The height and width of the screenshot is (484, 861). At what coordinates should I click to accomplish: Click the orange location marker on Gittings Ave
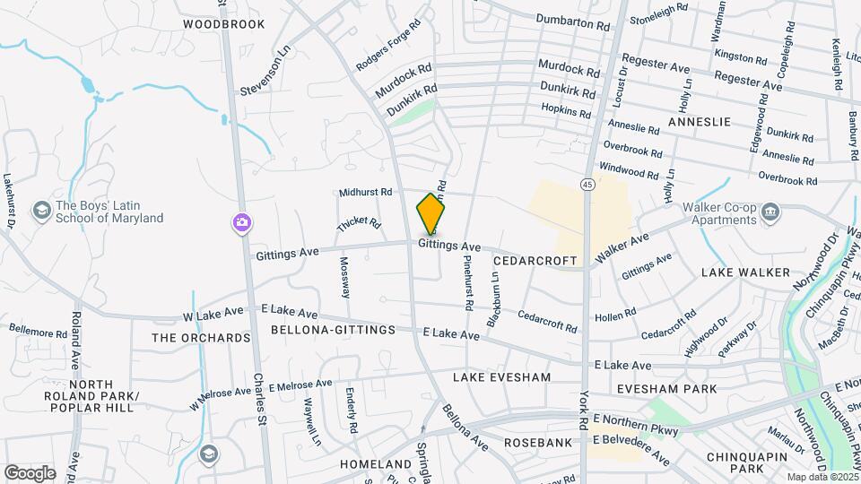coord(431,214)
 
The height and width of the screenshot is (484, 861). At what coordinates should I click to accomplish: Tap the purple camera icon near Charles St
coord(242,223)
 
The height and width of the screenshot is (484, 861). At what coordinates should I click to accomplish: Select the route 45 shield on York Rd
coord(587,184)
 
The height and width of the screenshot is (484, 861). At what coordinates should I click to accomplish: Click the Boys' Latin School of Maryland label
coord(109,211)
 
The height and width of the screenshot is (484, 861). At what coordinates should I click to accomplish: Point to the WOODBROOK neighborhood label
coord(224,24)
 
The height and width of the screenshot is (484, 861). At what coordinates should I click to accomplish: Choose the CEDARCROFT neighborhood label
coord(535,260)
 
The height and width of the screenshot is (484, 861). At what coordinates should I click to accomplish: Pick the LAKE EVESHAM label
coord(501,377)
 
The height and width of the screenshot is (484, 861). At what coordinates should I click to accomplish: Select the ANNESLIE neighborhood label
coord(700,121)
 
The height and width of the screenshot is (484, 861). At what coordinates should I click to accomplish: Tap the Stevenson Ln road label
coord(267,71)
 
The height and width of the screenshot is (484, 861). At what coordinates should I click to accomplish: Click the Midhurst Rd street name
coord(366,192)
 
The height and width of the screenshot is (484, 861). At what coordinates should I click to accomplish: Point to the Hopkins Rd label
coord(566,111)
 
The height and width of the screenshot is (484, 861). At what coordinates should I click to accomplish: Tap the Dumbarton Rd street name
coord(571,19)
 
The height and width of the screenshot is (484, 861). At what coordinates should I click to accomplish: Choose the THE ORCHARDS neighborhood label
coord(201,338)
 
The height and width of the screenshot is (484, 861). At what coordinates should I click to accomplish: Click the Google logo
coord(30,472)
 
